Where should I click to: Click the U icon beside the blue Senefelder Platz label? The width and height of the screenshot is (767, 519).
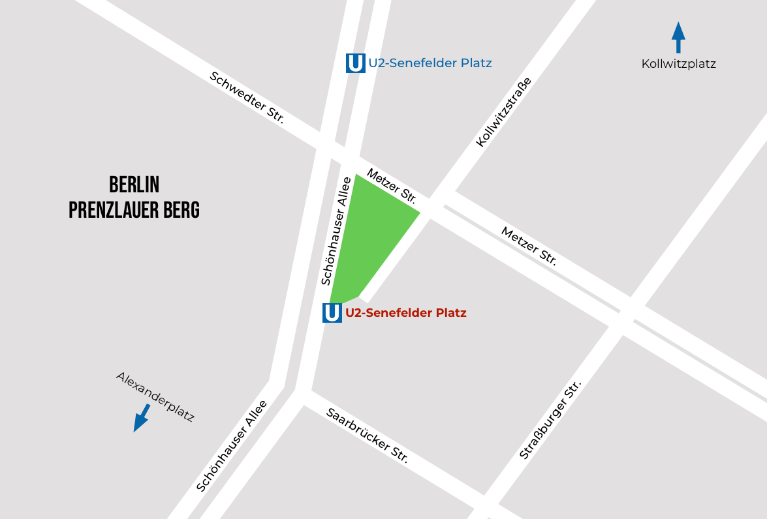[x=355, y=63]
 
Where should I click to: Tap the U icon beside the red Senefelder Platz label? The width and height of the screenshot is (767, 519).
[x=332, y=313]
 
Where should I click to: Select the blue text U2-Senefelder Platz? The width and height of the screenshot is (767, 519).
[x=430, y=63]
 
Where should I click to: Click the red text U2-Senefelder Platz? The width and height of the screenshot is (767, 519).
[x=406, y=313]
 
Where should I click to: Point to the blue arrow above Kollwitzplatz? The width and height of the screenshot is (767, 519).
[x=678, y=37]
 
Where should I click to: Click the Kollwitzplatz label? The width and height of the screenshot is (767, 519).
[x=678, y=64]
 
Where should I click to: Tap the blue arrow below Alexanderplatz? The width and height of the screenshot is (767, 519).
[x=141, y=418]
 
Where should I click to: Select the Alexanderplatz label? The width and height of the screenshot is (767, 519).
[x=155, y=396]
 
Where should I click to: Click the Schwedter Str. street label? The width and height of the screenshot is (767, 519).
[x=247, y=97]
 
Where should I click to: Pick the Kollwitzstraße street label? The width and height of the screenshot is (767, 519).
[x=503, y=112]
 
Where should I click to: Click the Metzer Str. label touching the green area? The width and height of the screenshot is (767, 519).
[x=391, y=185]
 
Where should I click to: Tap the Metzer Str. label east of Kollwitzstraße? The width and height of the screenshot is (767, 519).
[x=529, y=246]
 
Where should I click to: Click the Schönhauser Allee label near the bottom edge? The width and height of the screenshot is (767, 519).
[x=231, y=445]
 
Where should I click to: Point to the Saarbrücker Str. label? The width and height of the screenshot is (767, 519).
[x=367, y=436]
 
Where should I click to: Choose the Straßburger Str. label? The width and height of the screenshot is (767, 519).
[x=550, y=421]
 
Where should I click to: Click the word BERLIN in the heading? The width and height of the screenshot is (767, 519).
[x=134, y=185]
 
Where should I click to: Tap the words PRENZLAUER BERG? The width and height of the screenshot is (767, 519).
[x=134, y=210]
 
